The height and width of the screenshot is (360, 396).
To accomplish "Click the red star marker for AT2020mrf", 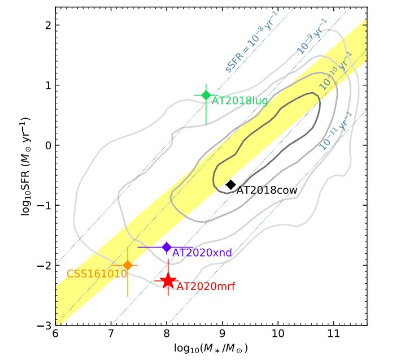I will point(168,281).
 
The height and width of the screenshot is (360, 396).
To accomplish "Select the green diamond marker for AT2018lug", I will point(206,95).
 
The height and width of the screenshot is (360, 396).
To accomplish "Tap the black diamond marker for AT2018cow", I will point(230,185).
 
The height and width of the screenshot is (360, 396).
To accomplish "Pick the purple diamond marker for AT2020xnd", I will point(167,247).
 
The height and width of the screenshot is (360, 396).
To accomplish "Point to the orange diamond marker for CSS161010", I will point(128,265).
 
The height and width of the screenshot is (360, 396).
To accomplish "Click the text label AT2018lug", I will point(240,101).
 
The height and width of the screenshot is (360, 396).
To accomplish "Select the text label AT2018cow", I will point(267,190).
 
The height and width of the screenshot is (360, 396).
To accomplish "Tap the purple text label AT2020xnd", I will point(202,253).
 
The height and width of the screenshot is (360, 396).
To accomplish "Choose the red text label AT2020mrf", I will point(203,287).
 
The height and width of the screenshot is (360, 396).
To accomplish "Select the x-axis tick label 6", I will point(55,335).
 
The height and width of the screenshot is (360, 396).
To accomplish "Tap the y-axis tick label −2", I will point(42,266).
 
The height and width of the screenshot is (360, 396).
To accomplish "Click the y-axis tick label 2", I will point(45,25).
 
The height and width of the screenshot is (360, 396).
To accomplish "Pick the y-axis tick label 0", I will point(45,145).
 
